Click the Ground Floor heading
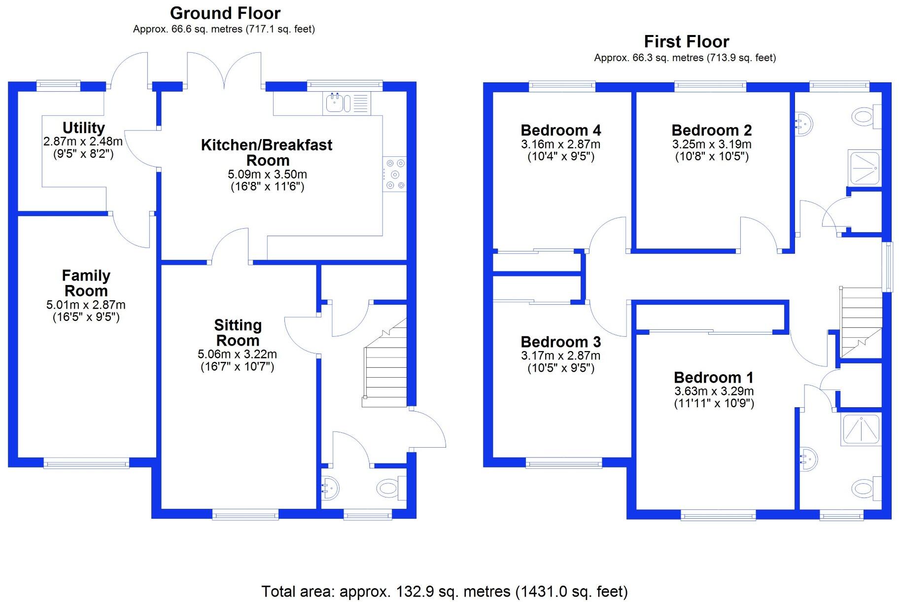click(x=225, y=13)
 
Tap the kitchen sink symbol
click(x=338, y=103)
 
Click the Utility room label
click(x=83, y=128)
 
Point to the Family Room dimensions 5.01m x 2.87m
click(x=86, y=305)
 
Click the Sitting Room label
click(x=238, y=333)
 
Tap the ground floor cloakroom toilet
click(x=388, y=488)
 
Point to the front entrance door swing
click(x=428, y=429)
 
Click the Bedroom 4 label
click(x=560, y=130)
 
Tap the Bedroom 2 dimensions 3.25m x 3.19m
click(x=711, y=144)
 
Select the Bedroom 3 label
click(x=560, y=342)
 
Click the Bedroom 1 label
click(x=713, y=378)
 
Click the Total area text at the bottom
click(x=444, y=591)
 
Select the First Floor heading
click(x=686, y=41)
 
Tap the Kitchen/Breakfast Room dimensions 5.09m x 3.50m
click(x=267, y=175)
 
